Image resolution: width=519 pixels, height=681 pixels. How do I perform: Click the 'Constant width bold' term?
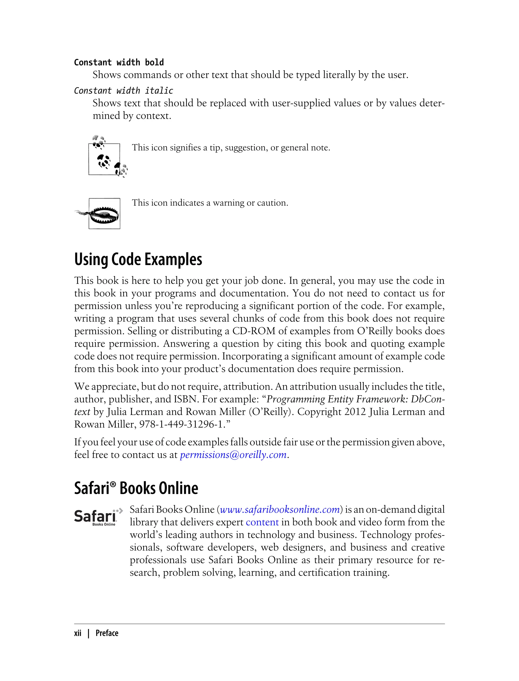coord(119,62)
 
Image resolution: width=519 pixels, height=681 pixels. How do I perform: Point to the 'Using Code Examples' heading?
coord(138,259)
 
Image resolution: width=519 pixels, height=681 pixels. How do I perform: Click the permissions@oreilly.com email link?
coord(233,455)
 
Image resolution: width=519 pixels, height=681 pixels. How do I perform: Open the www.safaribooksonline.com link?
coord(280,509)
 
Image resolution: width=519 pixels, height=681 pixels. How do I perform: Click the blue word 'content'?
coord(262,522)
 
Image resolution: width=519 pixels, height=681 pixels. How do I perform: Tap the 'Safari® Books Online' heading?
coord(136,488)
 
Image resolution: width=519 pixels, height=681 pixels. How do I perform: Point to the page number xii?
coord(78,633)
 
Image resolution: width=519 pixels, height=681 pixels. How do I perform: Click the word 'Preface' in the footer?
coord(107,633)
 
